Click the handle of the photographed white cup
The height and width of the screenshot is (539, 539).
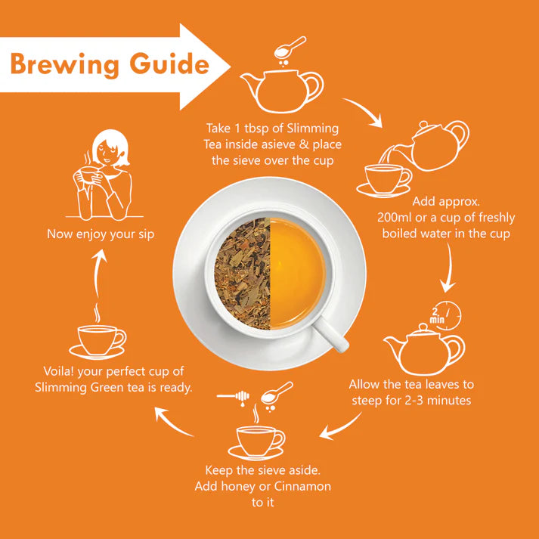[x=331, y=333]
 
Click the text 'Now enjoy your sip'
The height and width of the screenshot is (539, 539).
[x=101, y=234]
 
